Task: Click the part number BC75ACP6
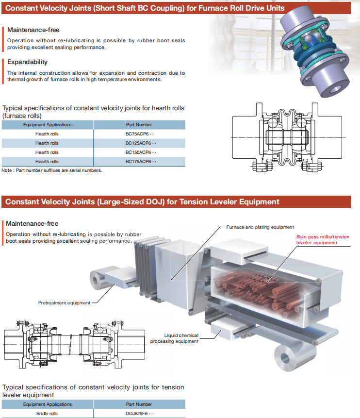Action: point(138,134)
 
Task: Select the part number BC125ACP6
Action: point(139,143)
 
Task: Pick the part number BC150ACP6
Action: point(139,152)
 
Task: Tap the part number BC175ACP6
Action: point(139,161)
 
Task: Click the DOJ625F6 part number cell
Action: point(139,414)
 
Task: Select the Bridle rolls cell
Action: point(47,414)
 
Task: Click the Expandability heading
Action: point(27,62)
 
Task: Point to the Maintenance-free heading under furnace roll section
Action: point(33,30)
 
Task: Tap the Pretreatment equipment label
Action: point(64,303)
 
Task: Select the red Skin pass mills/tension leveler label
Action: point(323,240)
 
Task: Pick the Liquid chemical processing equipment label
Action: point(175,338)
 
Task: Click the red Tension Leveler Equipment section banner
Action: point(142,201)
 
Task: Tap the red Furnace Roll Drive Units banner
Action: point(145,8)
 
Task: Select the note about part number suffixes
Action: point(52,170)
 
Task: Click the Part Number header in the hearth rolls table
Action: point(139,125)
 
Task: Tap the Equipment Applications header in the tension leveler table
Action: point(47,404)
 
